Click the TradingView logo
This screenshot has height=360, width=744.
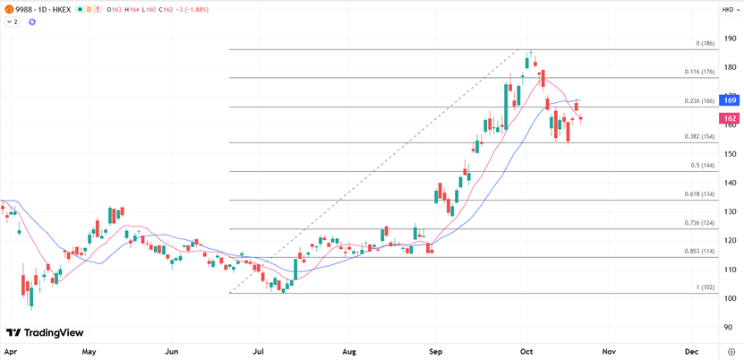click(x=44, y=333)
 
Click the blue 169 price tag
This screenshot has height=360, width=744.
click(x=730, y=101)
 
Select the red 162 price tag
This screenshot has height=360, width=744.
click(x=730, y=118)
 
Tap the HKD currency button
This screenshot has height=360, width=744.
click(x=728, y=9)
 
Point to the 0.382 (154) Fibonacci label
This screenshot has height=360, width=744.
click(x=699, y=136)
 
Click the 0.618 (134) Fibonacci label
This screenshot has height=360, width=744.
click(x=699, y=194)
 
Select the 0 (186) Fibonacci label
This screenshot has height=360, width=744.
click(x=705, y=43)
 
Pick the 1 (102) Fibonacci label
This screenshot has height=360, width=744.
click(x=705, y=287)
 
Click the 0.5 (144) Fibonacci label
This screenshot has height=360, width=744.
click(x=702, y=166)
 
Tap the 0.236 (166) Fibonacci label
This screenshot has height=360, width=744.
click(x=699, y=101)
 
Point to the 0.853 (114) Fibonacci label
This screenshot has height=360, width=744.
click(x=699, y=252)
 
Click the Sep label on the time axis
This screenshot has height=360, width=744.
click(x=436, y=353)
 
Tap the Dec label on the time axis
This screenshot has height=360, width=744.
click(x=691, y=353)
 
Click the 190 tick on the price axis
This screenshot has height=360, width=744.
click(x=731, y=39)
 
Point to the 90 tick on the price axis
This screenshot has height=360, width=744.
click(x=731, y=328)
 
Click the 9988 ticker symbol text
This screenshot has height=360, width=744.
click(x=26, y=9)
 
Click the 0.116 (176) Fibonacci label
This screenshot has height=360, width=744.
click(x=699, y=72)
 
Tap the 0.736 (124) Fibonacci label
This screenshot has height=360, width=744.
click(x=699, y=223)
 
